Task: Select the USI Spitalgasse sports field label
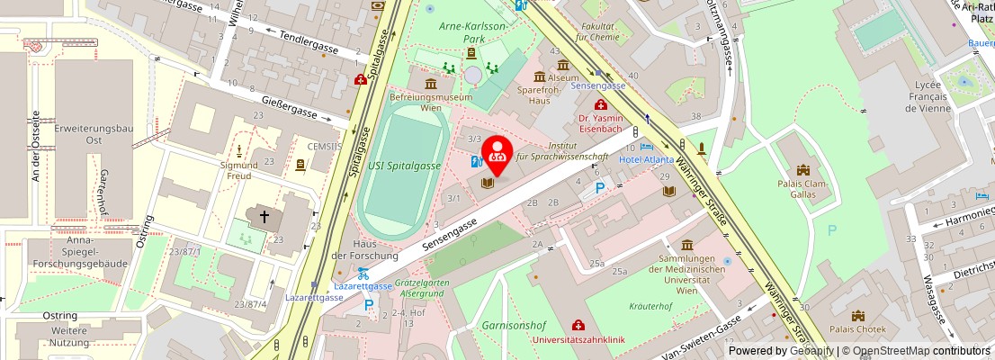(404, 166)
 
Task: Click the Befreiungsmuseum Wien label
(431, 102)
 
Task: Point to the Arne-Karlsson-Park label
(472, 32)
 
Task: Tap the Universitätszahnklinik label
(578, 339)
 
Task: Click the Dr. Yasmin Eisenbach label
(601, 123)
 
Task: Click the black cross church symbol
(264, 216)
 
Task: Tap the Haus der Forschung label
(364, 250)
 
